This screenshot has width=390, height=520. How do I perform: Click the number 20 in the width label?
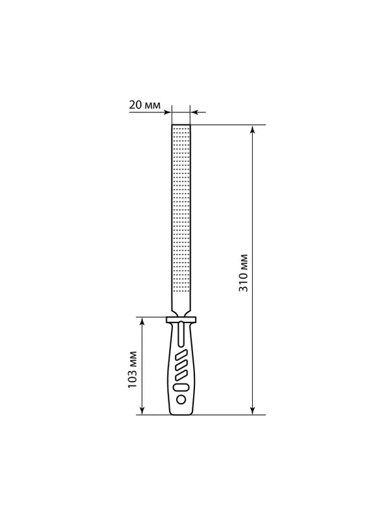[135, 105]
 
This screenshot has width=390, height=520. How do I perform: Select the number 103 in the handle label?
[133, 379]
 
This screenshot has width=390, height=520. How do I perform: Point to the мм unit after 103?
[133, 358]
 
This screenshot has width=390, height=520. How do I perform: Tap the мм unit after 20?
[152, 105]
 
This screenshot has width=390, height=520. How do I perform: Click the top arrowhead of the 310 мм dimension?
[253, 129]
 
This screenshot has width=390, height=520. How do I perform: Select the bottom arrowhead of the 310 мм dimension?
[253, 411]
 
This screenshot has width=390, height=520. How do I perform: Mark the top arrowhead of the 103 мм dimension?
[142, 320]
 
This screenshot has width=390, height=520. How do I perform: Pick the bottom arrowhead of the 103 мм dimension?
[142, 411]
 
